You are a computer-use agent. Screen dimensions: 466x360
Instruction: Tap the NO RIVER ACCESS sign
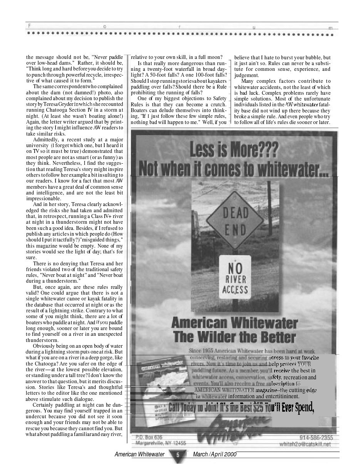(x=235, y=277)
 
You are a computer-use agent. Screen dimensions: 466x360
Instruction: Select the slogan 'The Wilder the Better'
(x=234, y=337)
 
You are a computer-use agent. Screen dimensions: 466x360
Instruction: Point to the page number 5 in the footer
(x=178, y=455)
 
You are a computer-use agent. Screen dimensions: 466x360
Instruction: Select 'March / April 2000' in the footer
(x=214, y=454)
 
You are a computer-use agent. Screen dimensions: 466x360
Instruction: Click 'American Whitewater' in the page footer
(x=139, y=454)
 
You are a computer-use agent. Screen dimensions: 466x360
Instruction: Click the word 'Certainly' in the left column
(x=44, y=405)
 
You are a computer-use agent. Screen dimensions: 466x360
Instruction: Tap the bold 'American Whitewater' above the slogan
(x=234, y=322)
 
